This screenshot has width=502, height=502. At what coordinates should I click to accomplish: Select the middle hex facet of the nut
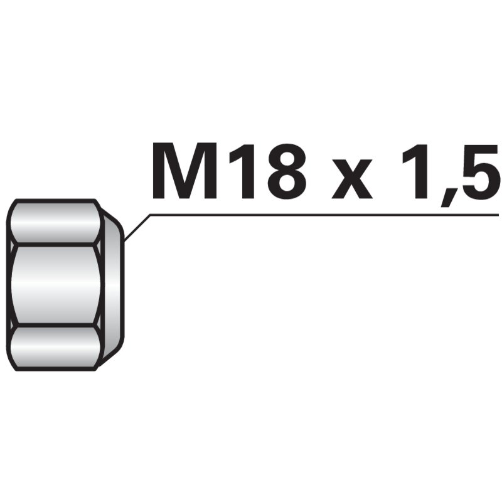click(55, 285)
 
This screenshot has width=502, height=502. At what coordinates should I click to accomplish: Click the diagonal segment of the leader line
click(137, 227)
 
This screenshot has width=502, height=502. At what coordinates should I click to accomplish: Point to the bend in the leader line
click(151, 215)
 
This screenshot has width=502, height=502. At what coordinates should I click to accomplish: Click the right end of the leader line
click(497, 215)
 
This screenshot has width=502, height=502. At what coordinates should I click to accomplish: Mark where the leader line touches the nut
click(125, 240)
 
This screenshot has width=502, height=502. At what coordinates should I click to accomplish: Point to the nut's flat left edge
click(8, 285)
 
